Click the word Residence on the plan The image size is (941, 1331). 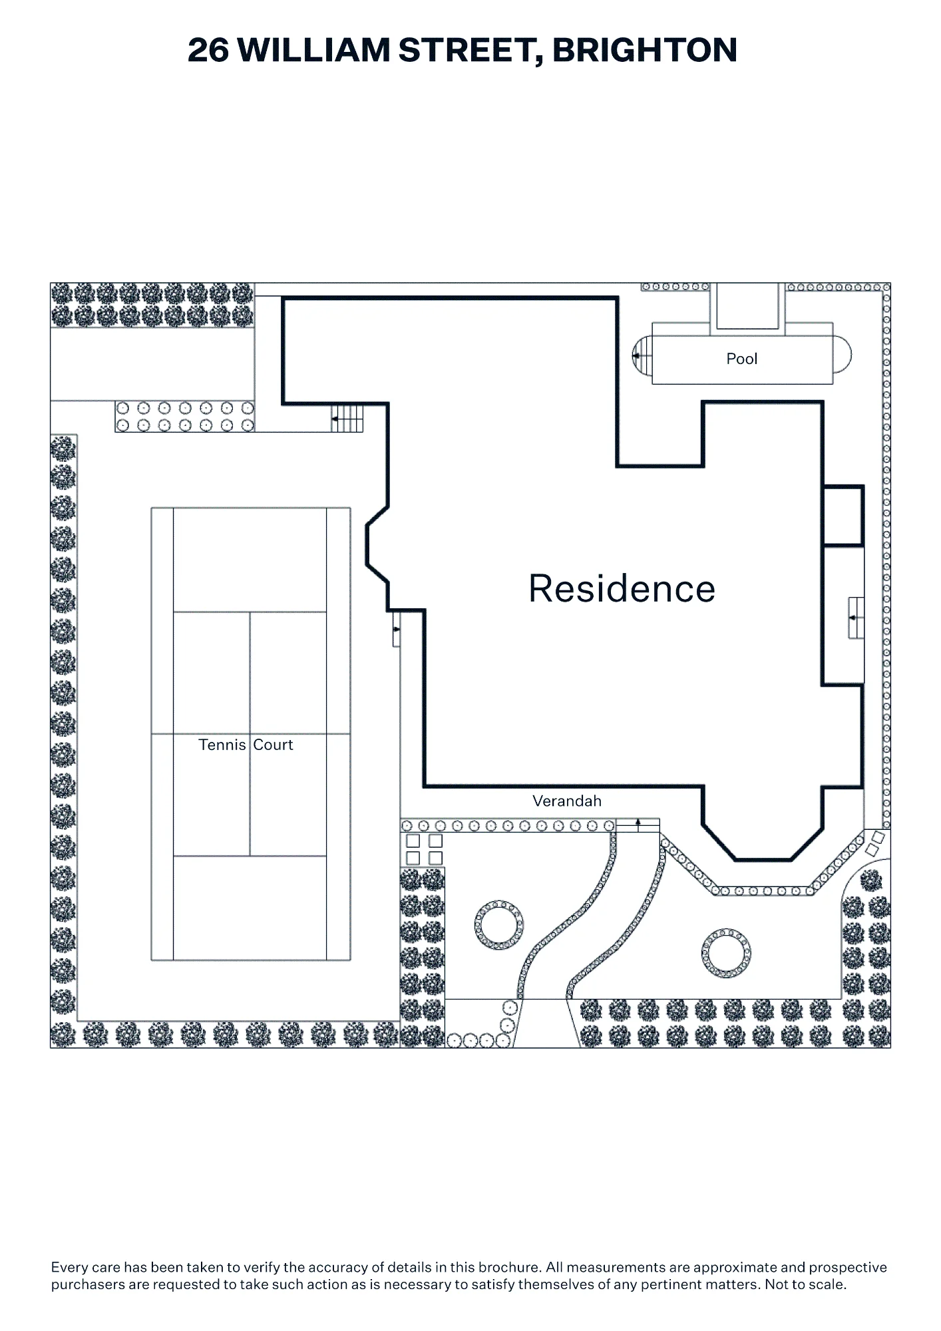tap(622, 589)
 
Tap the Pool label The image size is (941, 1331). tap(742, 359)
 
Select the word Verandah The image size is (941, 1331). tap(567, 801)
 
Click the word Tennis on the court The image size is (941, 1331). tap(222, 745)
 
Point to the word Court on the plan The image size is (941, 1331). tap(274, 745)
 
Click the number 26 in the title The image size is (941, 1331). tap(208, 50)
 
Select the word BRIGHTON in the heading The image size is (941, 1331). tap(645, 50)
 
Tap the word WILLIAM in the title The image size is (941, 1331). tap(313, 50)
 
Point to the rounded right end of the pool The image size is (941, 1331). tap(842, 354)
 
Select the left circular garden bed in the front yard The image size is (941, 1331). tap(499, 925)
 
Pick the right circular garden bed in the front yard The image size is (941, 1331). tap(726, 953)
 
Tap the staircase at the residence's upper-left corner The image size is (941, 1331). tap(347, 419)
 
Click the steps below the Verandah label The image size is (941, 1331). tap(638, 825)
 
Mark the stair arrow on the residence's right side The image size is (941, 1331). tap(855, 618)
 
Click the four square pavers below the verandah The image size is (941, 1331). tap(425, 850)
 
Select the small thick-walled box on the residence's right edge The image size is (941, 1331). tap(843, 516)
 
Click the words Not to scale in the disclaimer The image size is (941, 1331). tap(805, 1284)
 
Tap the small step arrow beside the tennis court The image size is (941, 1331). tap(397, 629)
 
